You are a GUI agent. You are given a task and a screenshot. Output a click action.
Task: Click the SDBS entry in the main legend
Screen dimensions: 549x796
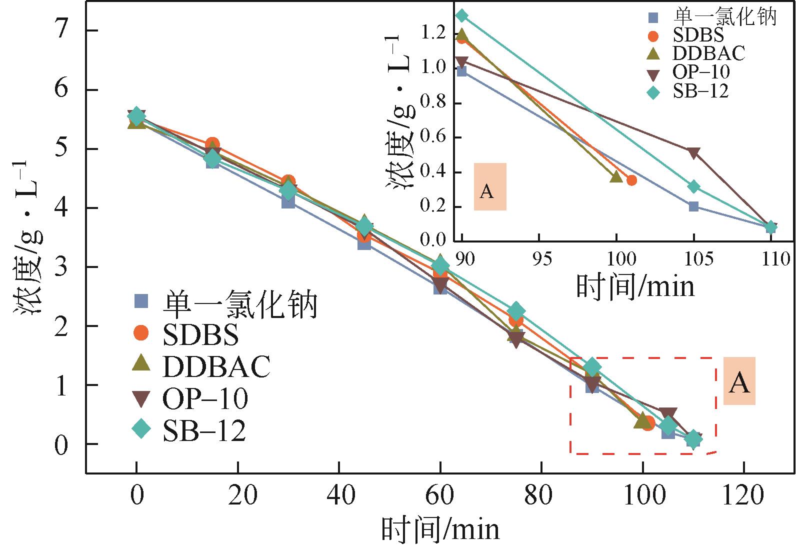(x=200, y=335)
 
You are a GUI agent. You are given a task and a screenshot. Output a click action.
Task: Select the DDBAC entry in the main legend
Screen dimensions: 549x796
(x=216, y=366)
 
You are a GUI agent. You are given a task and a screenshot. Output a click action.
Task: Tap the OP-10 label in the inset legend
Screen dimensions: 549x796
(x=701, y=72)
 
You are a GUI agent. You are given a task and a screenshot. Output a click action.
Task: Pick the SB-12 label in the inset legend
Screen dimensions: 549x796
(x=700, y=91)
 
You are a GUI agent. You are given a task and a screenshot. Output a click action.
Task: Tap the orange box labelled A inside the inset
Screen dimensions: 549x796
(x=490, y=187)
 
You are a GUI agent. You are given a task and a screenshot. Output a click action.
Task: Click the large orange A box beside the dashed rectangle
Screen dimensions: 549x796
(x=739, y=381)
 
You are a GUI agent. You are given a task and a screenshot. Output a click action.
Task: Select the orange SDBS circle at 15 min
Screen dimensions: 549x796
(x=212, y=144)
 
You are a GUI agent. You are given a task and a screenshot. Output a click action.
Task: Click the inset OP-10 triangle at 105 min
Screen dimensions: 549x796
(x=693, y=152)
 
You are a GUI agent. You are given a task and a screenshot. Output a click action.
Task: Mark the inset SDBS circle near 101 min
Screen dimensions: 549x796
(x=631, y=180)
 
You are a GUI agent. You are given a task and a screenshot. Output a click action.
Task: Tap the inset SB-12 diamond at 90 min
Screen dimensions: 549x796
(x=462, y=16)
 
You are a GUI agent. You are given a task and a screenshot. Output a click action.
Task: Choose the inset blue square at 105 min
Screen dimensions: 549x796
(x=693, y=206)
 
